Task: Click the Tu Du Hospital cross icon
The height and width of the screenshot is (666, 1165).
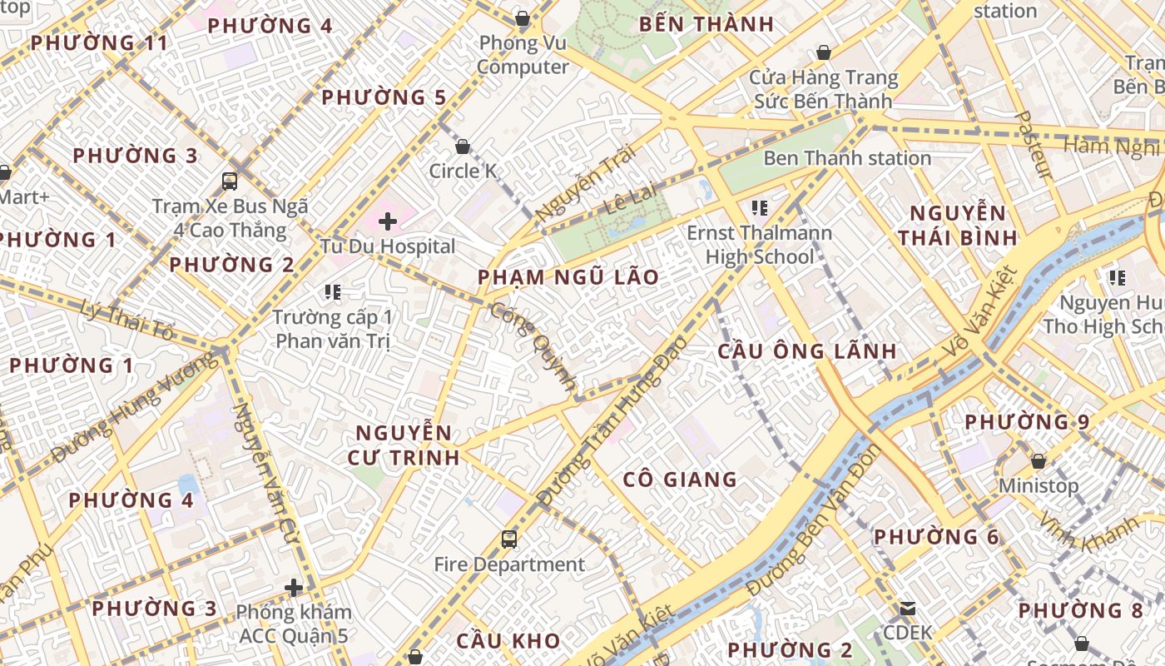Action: pyautogui.click(x=387, y=221)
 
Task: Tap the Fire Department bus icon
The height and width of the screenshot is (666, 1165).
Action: pyautogui.click(x=509, y=539)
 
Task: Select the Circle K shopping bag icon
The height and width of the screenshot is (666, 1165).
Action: pyautogui.click(x=463, y=147)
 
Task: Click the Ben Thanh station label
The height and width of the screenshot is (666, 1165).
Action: pyautogui.click(x=846, y=158)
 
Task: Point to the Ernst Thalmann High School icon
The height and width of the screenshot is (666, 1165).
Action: pyautogui.click(x=759, y=207)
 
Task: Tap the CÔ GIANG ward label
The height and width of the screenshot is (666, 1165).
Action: pyautogui.click(x=680, y=480)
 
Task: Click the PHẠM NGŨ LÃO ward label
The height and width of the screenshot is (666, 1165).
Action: pyautogui.click(x=568, y=277)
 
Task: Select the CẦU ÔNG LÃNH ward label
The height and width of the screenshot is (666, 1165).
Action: pyautogui.click(x=807, y=351)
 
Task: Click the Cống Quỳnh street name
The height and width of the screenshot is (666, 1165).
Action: pyautogui.click(x=533, y=346)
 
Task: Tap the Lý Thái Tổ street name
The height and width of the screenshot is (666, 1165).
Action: pyautogui.click(x=128, y=321)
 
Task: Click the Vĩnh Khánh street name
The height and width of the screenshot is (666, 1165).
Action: pyautogui.click(x=1089, y=534)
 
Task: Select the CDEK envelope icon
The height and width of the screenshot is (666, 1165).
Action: pyautogui.click(x=908, y=609)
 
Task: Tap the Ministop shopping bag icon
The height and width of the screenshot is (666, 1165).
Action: pyautogui.click(x=1038, y=461)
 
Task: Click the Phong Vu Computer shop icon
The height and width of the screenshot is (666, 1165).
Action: pyautogui.click(x=523, y=18)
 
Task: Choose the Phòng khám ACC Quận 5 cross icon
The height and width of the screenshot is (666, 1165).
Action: pyautogui.click(x=293, y=588)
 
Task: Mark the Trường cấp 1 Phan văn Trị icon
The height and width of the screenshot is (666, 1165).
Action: pyautogui.click(x=333, y=292)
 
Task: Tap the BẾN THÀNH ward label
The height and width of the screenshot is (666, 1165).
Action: pyautogui.click(x=706, y=24)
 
